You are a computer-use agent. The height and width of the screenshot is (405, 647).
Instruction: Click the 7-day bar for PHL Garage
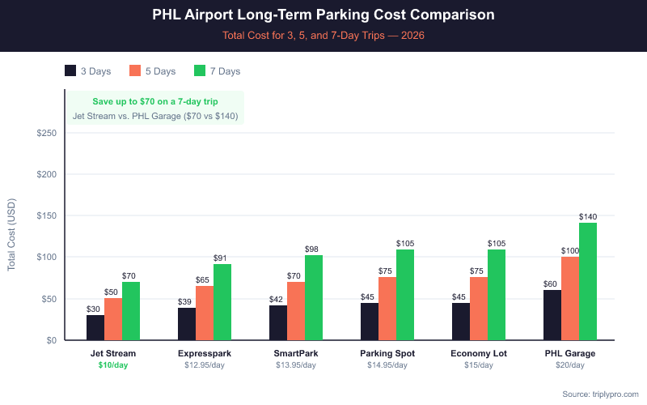[588, 281]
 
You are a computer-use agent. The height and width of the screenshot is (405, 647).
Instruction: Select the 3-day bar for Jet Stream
[95, 327]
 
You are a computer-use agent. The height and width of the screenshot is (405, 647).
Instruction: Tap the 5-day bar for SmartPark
[296, 310]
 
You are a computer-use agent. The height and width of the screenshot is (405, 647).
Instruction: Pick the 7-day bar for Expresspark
[222, 301]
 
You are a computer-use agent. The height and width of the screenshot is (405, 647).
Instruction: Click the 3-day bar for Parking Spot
[370, 321]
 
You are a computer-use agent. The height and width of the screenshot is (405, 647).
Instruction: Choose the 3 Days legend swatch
[71, 71]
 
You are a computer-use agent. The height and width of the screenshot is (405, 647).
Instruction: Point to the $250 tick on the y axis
[45, 133]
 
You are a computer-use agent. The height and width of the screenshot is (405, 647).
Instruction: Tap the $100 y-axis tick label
[45, 257]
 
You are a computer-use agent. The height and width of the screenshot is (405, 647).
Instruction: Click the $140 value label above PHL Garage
[588, 216]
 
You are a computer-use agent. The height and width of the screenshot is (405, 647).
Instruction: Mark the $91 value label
[222, 258]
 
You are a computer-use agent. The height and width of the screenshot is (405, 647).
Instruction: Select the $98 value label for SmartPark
[314, 249]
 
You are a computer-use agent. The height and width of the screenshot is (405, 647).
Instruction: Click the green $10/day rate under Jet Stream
[113, 365]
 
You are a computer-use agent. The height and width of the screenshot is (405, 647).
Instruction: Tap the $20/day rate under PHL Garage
[570, 365]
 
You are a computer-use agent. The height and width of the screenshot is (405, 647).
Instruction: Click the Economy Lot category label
[479, 353]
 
